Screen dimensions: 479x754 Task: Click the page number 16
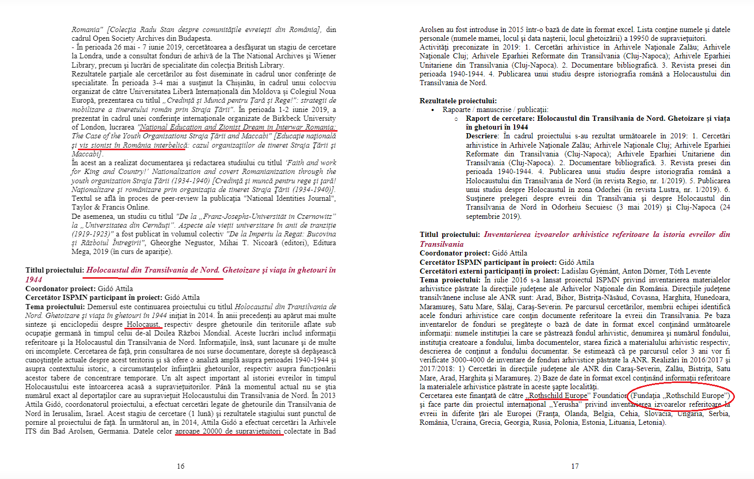pos(181,466)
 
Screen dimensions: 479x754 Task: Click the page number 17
pos(575,466)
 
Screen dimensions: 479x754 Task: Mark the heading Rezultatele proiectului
pos(458,101)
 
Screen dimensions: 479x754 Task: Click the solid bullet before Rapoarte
pos(432,110)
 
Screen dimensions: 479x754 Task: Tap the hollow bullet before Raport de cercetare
pos(456,119)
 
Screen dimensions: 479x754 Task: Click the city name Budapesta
pos(195,38)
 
